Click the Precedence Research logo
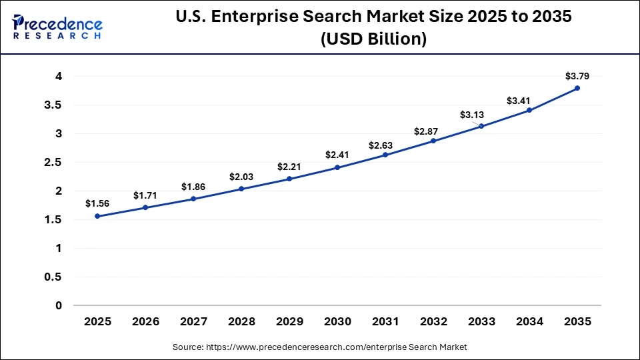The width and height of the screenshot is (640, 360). click(57, 26)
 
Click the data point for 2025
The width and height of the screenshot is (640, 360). click(97, 216)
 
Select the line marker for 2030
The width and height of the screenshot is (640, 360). click(337, 167)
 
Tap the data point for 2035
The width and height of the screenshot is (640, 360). click(577, 88)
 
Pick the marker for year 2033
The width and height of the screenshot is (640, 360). click(481, 126)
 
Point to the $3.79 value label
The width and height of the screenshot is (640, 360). click(577, 75)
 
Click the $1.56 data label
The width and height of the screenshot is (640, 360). click(97, 203)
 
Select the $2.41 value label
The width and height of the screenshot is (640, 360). click(337, 155)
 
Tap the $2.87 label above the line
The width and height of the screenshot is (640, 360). click(433, 131)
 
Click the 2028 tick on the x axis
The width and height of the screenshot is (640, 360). click(241, 321)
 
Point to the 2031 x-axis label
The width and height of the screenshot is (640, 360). click(385, 321)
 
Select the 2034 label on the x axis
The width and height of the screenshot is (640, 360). click(529, 321)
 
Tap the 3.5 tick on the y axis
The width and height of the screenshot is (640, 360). click(53, 105)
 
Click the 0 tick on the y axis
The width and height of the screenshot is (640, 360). click(59, 305)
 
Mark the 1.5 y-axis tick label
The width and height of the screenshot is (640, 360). click(53, 220)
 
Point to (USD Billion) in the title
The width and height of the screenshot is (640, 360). click(373, 39)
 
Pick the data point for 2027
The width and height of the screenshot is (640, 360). click(193, 199)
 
